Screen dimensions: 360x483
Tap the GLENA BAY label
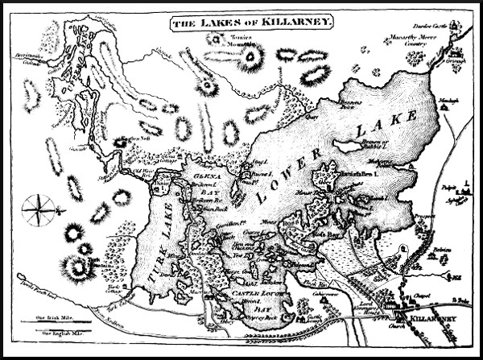pos(204,181)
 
